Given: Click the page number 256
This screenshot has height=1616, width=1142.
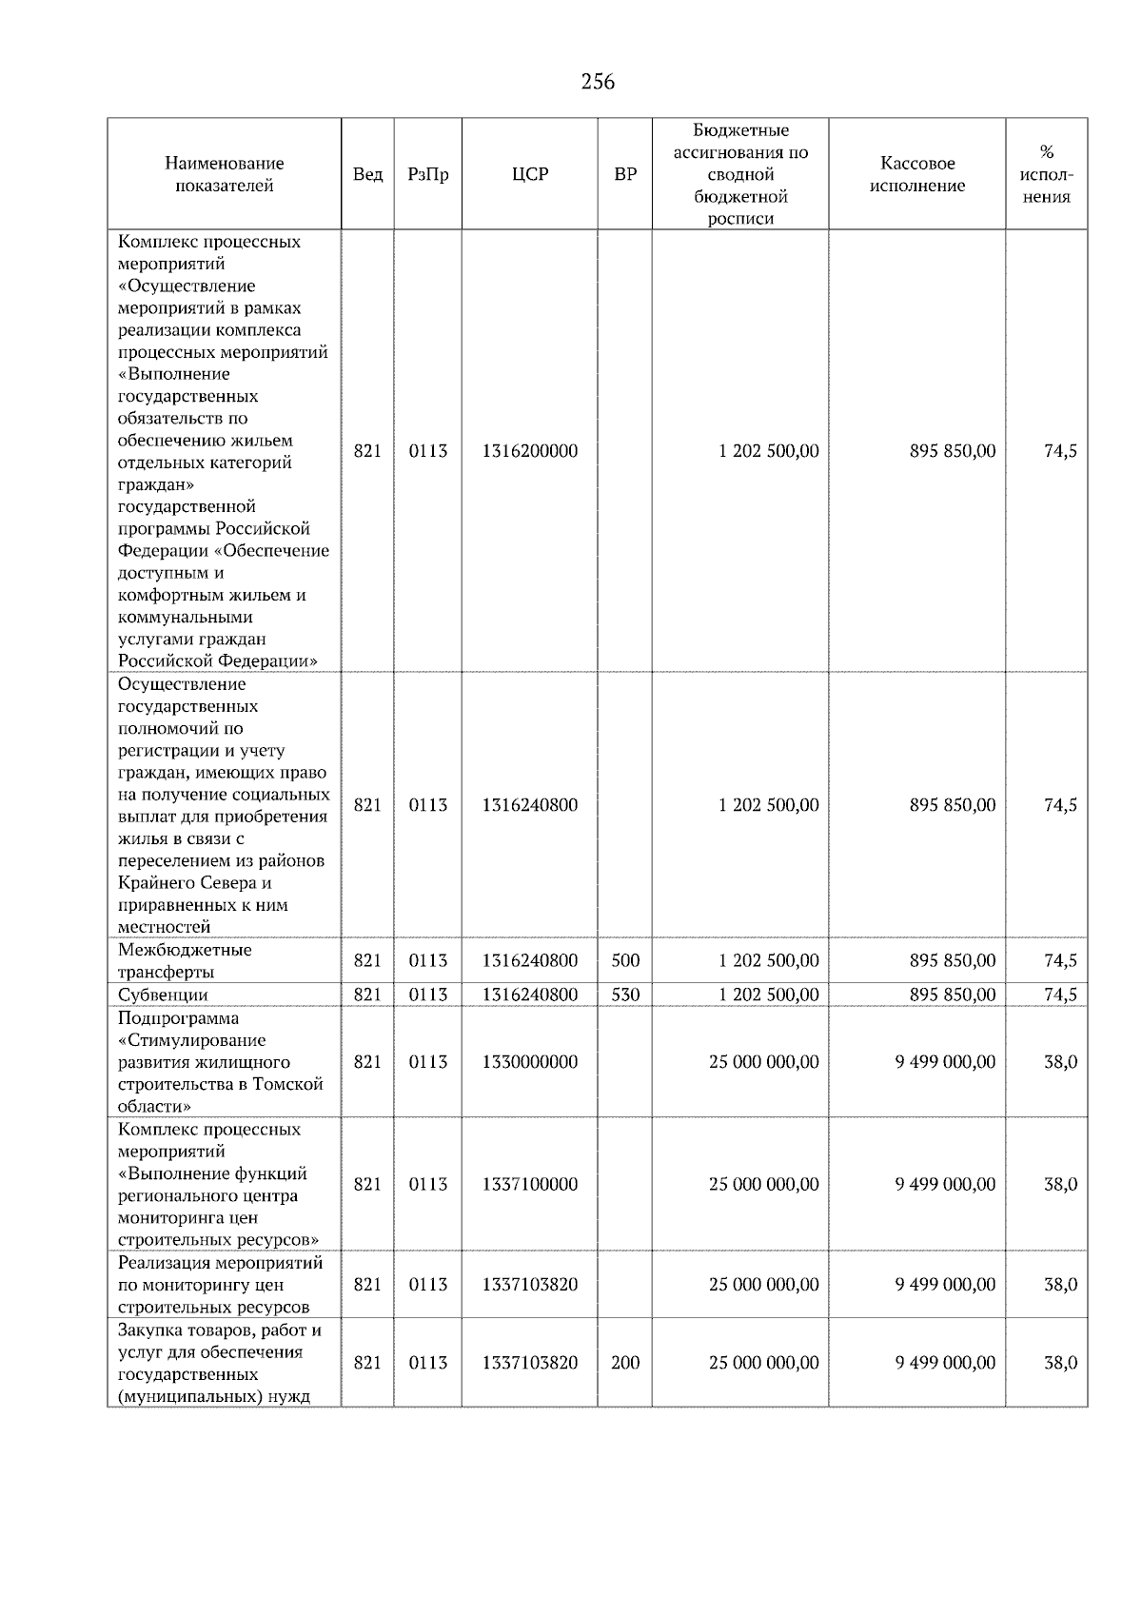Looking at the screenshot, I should (598, 82).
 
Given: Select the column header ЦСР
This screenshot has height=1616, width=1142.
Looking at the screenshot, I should (530, 174).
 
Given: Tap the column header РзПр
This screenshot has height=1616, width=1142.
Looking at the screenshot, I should (427, 174).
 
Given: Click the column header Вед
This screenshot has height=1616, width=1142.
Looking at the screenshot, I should (367, 174).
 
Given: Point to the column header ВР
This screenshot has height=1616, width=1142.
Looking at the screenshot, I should (625, 174).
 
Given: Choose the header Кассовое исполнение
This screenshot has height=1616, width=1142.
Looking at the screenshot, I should (916, 174).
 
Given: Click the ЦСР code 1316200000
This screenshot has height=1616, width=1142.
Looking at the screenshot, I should (530, 451).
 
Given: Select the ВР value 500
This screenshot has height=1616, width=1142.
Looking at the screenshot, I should (625, 960).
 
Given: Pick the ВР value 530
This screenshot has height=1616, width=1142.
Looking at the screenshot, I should (625, 995).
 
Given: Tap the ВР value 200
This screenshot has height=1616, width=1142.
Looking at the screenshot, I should (625, 1363).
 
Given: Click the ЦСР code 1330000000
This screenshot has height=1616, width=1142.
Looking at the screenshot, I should (530, 1062).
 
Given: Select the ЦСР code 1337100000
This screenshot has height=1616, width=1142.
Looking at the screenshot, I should (530, 1185).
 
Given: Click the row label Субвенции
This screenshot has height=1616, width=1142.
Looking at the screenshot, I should (163, 995).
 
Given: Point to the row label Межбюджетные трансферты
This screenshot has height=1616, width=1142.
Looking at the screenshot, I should (185, 961).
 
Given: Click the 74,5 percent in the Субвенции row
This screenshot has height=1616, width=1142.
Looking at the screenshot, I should (1060, 995).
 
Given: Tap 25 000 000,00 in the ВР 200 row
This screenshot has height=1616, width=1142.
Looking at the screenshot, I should (763, 1363).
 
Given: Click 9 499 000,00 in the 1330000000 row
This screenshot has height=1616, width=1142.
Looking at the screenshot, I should (945, 1062).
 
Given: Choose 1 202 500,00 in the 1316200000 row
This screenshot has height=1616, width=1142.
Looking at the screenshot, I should (769, 451).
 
